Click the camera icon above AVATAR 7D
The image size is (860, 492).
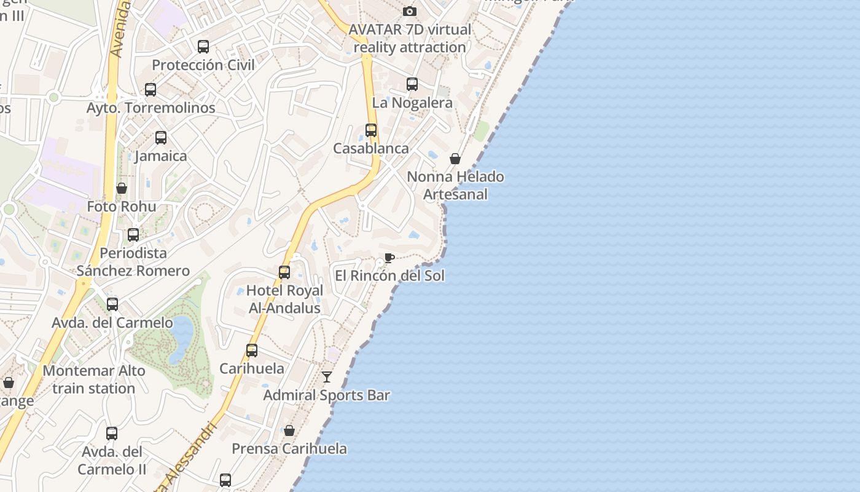pyautogui.click(x=410, y=11)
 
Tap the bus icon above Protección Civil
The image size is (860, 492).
pyautogui.click(x=203, y=47)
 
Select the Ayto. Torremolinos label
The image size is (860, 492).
pyautogui.click(x=150, y=108)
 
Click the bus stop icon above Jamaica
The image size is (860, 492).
pyautogui.click(x=161, y=138)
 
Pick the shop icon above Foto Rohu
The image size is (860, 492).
pyautogui.click(x=122, y=188)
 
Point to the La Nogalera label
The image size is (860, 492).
pyautogui.click(x=412, y=103)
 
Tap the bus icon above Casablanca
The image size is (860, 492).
pyautogui.click(x=371, y=130)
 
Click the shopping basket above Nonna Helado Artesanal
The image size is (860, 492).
pyautogui.click(x=455, y=159)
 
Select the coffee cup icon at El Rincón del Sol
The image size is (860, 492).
pyautogui.click(x=389, y=258)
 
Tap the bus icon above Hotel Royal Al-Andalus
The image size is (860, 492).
pyautogui.click(x=284, y=272)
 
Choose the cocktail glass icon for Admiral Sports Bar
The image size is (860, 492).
pyautogui.click(x=327, y=377)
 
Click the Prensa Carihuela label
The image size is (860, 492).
pyautogui.click(x=289, y=449)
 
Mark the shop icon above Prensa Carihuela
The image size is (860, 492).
pyautogui.click(x=289, y=430)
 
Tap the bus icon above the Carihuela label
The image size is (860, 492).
pyautogui.click(x=252, y=351)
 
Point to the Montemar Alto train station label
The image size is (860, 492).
pyautogui.click(x=94, y=379)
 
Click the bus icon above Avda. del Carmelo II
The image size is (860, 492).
pyautogui.click(x=112, y=434)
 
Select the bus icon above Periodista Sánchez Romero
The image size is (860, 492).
pyautogui.click(x=133, y=235)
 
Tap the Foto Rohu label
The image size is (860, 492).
pyautogui.click(x=122, y=207)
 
